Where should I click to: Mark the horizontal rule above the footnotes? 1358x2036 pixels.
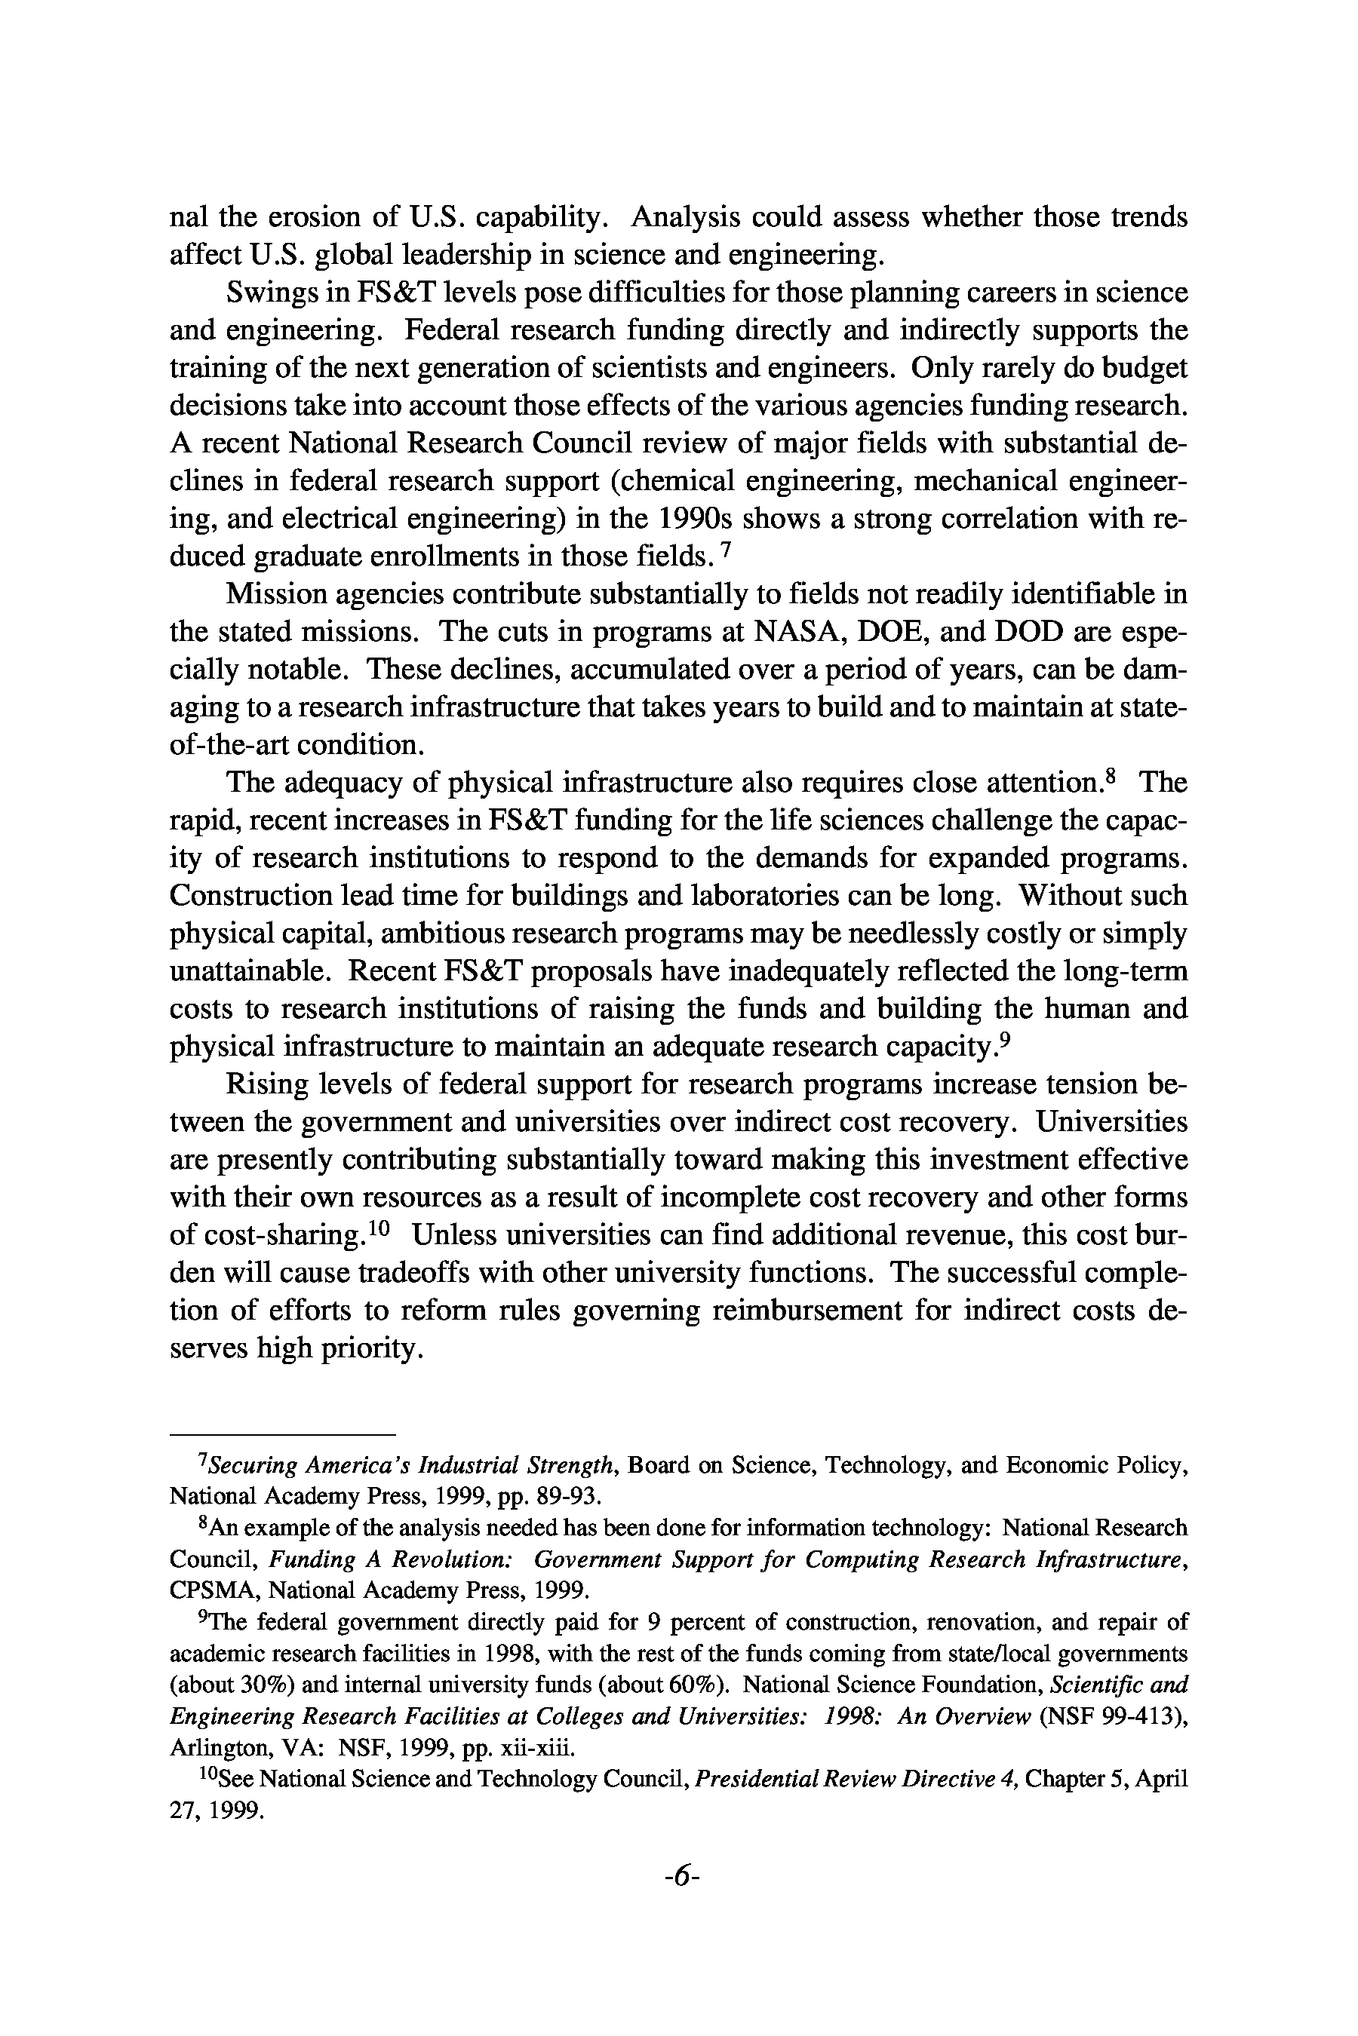coord(282,1433)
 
